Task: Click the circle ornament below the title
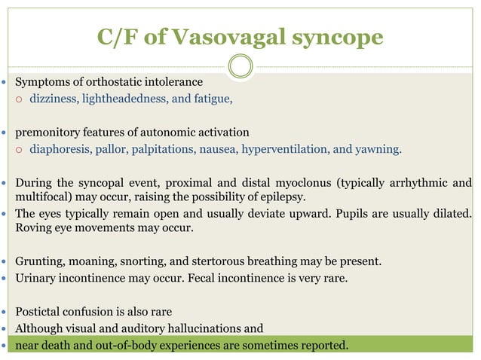(x=240, y=66)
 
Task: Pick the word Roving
(x=33, y=228)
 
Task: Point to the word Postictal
(x=41, y=311)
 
